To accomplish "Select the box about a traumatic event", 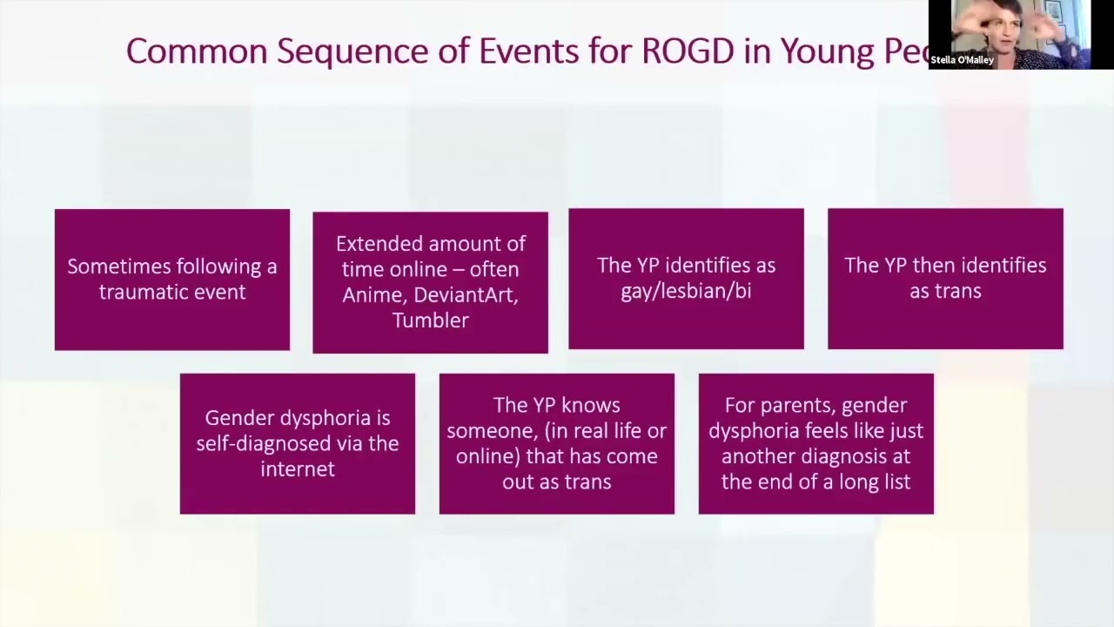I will coord(172,279).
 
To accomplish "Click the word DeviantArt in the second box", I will coord(466,294).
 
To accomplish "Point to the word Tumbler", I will coord(430,320).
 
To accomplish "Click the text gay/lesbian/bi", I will coord(686,291).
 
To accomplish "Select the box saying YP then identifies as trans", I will coord(945,279).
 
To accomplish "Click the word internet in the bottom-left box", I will coord(297,469).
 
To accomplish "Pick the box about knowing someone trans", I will coord(557,443).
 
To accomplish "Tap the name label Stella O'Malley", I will coord(963,60).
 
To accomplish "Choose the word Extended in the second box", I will coord(377,244).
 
